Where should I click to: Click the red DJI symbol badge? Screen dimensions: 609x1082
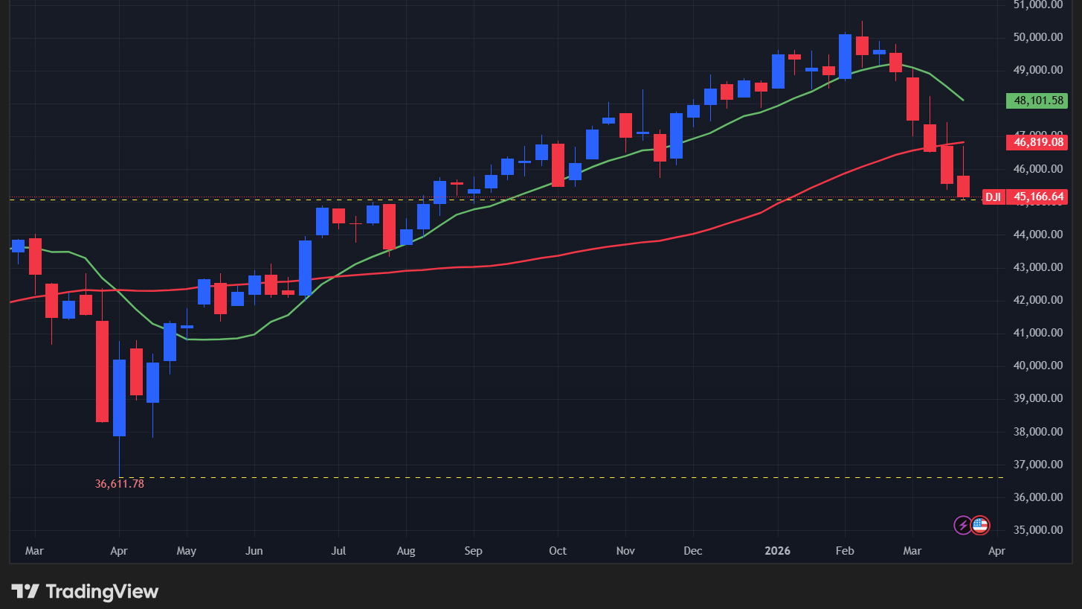[x=993, y=197]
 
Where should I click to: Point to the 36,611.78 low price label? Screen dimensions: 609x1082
[x=120, y=484]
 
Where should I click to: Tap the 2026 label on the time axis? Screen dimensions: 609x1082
[x=777, y=552]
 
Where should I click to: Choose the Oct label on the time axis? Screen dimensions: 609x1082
[x=557, y=552]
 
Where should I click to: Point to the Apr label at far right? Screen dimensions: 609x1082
[x=996, y=552]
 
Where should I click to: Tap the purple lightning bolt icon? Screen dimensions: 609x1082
[x=963, y=525]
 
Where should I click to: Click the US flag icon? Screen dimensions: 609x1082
[x=980, y=525]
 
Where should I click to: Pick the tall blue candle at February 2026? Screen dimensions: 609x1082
[x=845, y=56]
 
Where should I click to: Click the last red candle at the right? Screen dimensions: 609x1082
[x=964, y=187]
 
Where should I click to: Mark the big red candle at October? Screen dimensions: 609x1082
[x=558, y=165]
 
